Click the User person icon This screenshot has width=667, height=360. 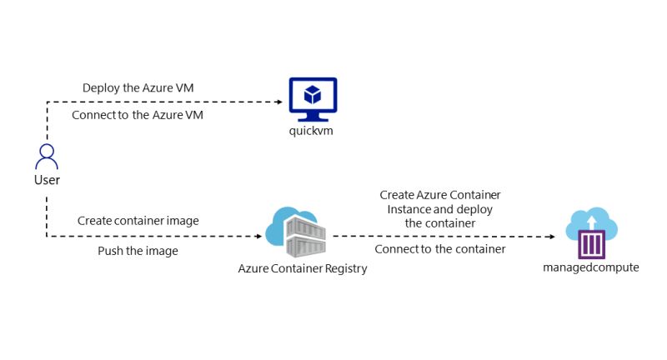tap(47, 157)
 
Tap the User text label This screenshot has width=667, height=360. tap(47, 180)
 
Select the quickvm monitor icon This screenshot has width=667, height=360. tap(313, 99)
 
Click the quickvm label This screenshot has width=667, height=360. tap(311, 131)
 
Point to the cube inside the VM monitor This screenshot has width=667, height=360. tap(313, 95)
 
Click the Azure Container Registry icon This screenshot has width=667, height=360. tap(296, 232)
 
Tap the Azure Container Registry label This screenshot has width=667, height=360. tap(303, 268)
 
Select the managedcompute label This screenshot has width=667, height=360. tap(591, 267)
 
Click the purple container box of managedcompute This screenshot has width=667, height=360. tap(591, 244)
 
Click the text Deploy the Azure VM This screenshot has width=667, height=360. tap(138, 88)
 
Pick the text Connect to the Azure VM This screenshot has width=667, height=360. tap(138, 115)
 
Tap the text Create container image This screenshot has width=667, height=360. tap(138, 221)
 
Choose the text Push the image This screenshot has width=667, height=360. tap(138, 251)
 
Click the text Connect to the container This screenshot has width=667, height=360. tap(440, 249)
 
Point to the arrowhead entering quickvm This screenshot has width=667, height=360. tap(280, 102)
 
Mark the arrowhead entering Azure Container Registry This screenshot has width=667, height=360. tap(259, 237)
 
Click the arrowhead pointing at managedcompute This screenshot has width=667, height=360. tap(552, 237)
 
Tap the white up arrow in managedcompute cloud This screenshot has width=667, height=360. tap(591, 222)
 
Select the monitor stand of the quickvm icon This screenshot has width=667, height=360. tap(313, 117)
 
